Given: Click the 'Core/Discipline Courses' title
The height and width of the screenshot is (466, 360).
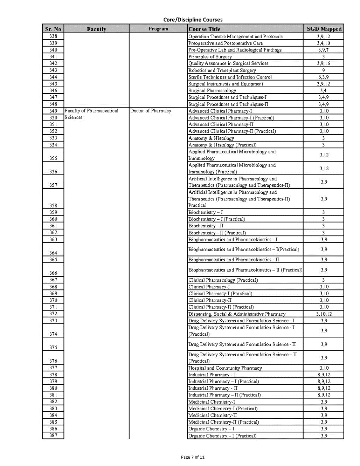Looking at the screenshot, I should coord(193,20).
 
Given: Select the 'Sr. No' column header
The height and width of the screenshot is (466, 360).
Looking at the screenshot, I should coord(53,29).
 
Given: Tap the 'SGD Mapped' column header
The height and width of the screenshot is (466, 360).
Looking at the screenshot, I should coord(324,29).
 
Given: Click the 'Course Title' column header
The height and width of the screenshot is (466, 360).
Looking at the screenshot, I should coord(205,29).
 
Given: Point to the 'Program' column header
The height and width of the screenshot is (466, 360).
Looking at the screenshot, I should coord(158,29).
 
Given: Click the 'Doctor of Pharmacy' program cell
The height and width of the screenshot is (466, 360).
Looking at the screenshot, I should coord(151,111).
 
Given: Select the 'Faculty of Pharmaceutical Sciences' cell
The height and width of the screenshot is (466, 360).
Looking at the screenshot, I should coord(91,114).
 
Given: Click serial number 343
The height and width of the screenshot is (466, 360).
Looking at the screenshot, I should coord(53,70).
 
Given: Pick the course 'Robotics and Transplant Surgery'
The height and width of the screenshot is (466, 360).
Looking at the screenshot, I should coord(222,70).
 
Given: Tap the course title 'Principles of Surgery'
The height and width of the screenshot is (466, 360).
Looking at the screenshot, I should coord(210,57).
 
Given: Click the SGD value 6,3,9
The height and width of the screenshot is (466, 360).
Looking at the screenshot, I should coord(323,77).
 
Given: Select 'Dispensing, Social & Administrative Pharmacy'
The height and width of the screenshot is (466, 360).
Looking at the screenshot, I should coord(237,314).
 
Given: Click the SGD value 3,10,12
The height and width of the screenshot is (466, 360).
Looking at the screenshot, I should coord(324,314).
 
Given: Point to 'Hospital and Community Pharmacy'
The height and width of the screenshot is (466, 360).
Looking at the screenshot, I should coord(225,368).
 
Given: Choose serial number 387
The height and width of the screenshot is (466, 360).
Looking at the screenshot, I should coord(53,436).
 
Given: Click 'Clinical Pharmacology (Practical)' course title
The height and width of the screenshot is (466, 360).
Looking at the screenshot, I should coord(223,280).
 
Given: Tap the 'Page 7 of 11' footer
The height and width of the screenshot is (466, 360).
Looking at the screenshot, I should coord(193,457).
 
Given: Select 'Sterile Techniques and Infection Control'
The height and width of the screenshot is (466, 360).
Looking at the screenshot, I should coord(230,77).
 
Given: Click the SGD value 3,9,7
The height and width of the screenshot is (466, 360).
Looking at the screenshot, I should coord(323,50).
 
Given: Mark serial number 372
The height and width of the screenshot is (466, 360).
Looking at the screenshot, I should coord(53,314).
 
